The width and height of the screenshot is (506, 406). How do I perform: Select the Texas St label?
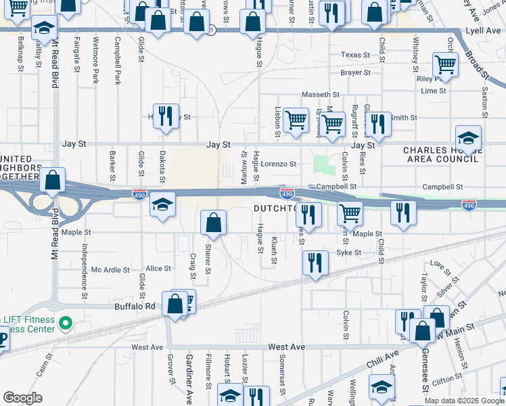tap(356, 55)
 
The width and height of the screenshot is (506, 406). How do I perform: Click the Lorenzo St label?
tap(279, 164)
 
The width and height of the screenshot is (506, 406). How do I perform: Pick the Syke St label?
tap(349, 252)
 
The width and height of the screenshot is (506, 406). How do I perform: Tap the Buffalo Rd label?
tap(140, 306)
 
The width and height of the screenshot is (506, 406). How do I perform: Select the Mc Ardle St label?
tap(110, 269)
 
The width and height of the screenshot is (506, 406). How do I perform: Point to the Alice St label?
tap(158, 269)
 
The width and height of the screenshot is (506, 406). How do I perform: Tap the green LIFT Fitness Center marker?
tap(66, 323)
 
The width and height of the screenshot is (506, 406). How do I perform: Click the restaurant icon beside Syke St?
tap(315, 262)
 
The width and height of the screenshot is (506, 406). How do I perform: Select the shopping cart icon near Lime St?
tap(445, 64)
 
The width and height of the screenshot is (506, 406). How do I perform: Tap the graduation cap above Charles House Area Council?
tap(468, 136)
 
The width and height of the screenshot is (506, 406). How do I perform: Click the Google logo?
tap(22, 398)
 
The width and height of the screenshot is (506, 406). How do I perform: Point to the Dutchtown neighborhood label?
tap(276, 209)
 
